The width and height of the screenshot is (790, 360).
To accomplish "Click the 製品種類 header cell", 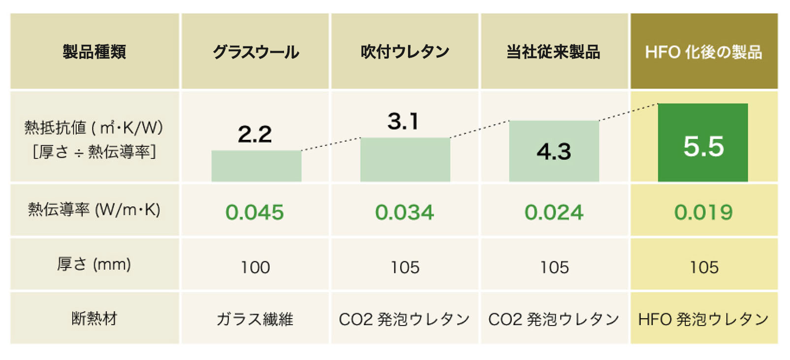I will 94,52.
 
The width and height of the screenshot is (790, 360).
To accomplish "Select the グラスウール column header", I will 255,52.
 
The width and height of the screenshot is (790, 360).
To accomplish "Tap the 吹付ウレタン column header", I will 405,52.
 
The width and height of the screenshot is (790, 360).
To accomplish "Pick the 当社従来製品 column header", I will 553,52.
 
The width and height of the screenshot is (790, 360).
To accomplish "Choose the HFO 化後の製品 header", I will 703,52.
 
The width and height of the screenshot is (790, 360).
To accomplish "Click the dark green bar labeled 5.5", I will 703,143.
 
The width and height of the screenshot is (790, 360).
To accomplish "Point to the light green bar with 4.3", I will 554,151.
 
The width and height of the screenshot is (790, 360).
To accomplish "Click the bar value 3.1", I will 403,121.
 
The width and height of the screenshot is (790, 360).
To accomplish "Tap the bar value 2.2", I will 254,134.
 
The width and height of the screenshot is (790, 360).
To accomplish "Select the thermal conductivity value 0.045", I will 254,212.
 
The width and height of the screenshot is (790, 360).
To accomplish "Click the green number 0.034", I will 404,212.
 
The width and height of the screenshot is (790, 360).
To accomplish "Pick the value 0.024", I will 554,212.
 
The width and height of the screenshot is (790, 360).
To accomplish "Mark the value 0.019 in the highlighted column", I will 703,212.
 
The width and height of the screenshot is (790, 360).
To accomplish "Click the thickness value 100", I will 255,267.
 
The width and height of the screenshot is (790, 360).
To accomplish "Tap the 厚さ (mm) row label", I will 94,264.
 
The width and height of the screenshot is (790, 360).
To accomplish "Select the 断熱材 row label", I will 94,319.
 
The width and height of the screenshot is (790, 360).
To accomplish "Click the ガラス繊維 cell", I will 254,319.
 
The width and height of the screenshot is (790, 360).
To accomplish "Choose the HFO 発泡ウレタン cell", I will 703,319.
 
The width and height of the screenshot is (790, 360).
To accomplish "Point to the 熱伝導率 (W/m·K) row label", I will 94,210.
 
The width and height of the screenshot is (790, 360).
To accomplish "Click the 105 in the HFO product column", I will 704,267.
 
